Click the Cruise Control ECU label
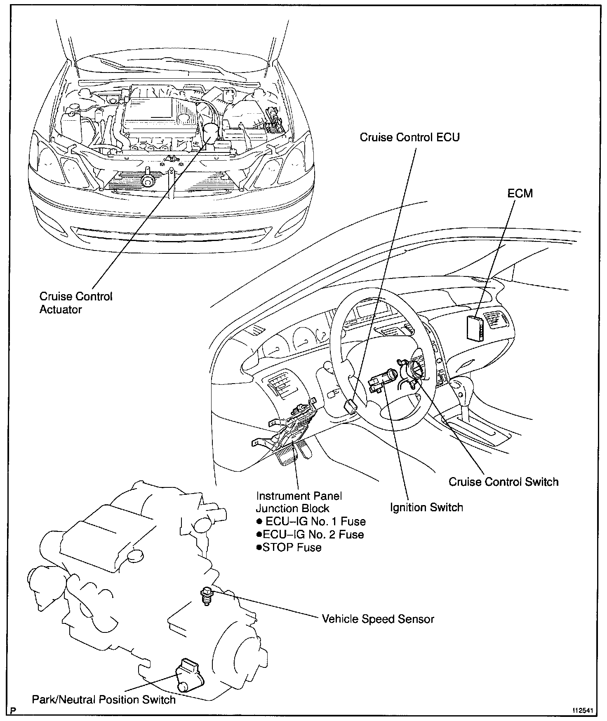tap(409, 137)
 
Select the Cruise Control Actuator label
tap(75, 303)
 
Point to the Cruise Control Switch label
tap(503, 482)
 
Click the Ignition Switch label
tap(426, 507)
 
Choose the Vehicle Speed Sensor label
tap(378, 619)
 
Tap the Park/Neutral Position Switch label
tap(104, 700)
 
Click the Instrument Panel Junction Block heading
tap(299, 502)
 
